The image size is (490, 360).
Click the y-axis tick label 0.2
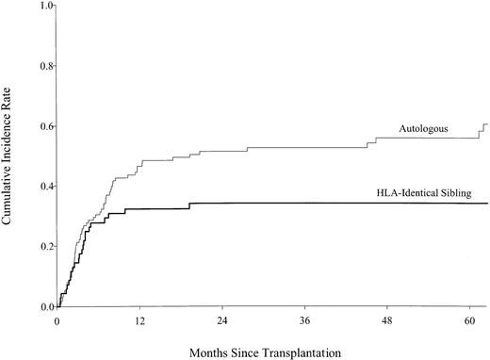[x=42, y=247]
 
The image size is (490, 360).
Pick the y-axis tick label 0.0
[x=42, y=307]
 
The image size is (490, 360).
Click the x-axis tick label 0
[x=57, y=320]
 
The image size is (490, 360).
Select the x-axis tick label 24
[x=222, y=320]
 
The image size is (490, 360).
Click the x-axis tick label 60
[x=471, y=320]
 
